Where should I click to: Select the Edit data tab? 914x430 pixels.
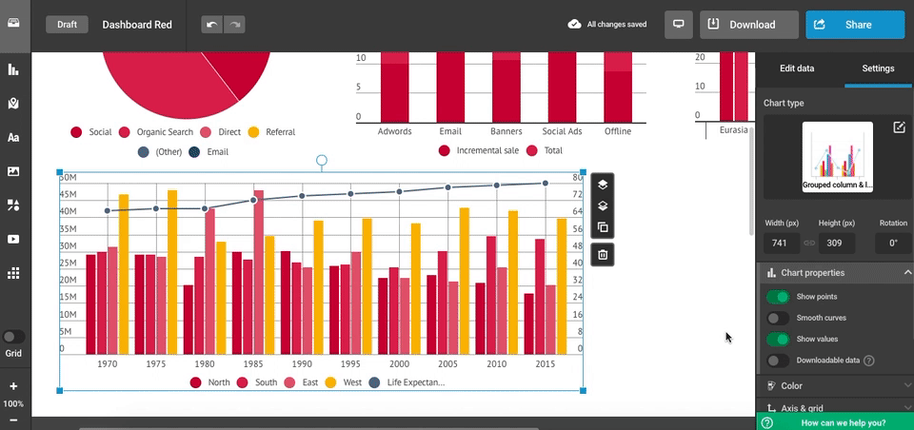(797, 68)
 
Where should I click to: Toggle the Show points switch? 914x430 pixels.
(778, 297)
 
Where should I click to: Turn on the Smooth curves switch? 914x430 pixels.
(778, 318)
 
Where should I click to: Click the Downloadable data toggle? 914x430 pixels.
(778, 361)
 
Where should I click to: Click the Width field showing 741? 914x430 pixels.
(780, 243)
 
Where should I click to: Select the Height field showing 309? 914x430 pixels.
(836, 243)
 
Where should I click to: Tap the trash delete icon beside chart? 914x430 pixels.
(603, 254)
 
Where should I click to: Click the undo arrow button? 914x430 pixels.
(211, 25)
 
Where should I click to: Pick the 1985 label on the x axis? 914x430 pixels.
(253, 363)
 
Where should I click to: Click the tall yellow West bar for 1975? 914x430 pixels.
(172, 271)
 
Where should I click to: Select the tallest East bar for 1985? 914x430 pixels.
(258, 271)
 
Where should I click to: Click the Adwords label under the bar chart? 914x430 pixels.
(394, 131)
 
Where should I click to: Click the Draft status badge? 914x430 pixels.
(67, 25)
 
